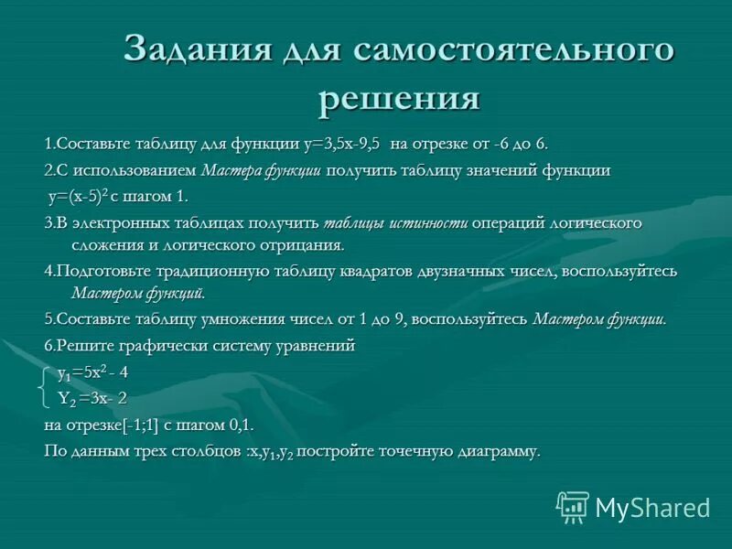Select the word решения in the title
tap(399, 98)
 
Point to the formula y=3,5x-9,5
tap(341, 144)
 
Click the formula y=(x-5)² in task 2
tap(79, 196)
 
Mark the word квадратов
tap(385, 272)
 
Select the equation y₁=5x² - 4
tap(92, 372)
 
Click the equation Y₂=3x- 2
tap(92, 397)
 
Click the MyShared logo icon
tap(573, 506)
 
